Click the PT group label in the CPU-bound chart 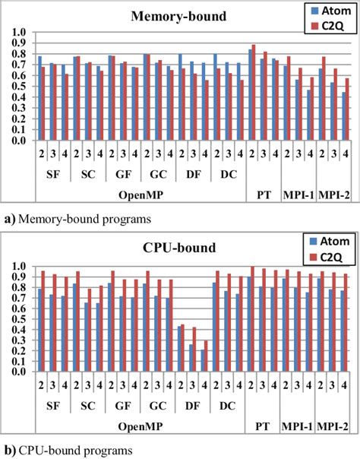tap(263, 407)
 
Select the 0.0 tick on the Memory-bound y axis tap(20, 141)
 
